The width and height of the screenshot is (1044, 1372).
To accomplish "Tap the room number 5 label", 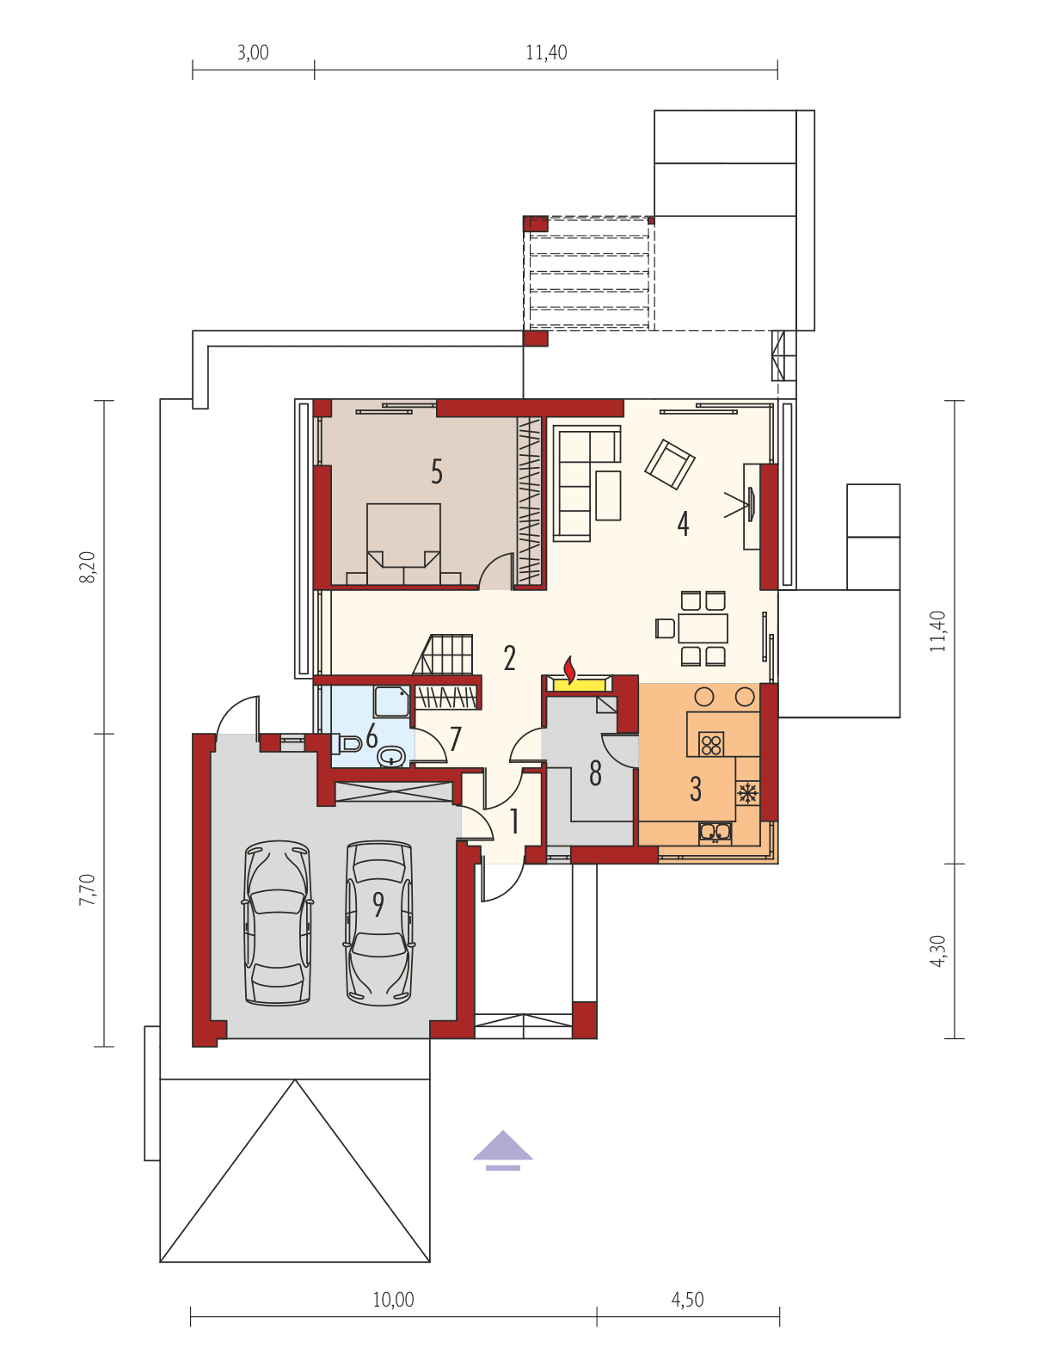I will coord(437,471).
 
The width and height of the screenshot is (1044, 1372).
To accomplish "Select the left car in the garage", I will coord(277,922).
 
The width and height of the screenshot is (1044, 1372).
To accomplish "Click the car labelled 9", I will coord(378,922).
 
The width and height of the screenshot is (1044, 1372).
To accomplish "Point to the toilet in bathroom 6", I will coord(350,744).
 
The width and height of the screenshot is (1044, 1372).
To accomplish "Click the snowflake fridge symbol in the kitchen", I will coord(747,791).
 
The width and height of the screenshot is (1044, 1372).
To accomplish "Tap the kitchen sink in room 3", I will coord(715,832).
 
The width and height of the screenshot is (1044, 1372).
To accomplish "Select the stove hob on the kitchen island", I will coord(711,743).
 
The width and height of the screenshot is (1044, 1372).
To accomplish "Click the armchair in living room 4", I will coord(670,465).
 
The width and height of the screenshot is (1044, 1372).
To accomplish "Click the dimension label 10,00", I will coord(393,1299).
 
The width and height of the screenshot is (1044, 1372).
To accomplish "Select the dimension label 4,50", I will coord(687,1299).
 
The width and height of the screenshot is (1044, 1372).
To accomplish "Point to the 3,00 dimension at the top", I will coord(253,52).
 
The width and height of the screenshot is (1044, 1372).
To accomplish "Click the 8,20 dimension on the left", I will coord(88,568).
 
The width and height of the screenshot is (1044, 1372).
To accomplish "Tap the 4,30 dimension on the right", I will coord(937,951).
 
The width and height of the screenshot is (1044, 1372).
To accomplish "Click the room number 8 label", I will coord(595,774).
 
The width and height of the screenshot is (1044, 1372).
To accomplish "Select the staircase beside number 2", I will coord(445,655).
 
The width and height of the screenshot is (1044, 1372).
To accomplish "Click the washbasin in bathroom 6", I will coord(392,757).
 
